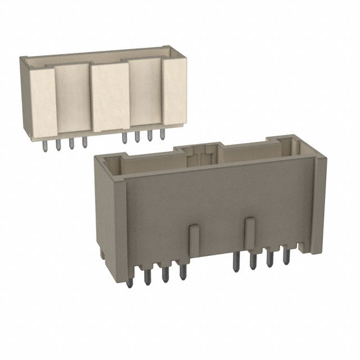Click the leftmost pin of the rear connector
(45, 145)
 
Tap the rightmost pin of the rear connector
(162, 137)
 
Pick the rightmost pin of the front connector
(286, 257)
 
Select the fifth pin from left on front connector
(236, 262)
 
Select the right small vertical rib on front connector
(250, 229)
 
